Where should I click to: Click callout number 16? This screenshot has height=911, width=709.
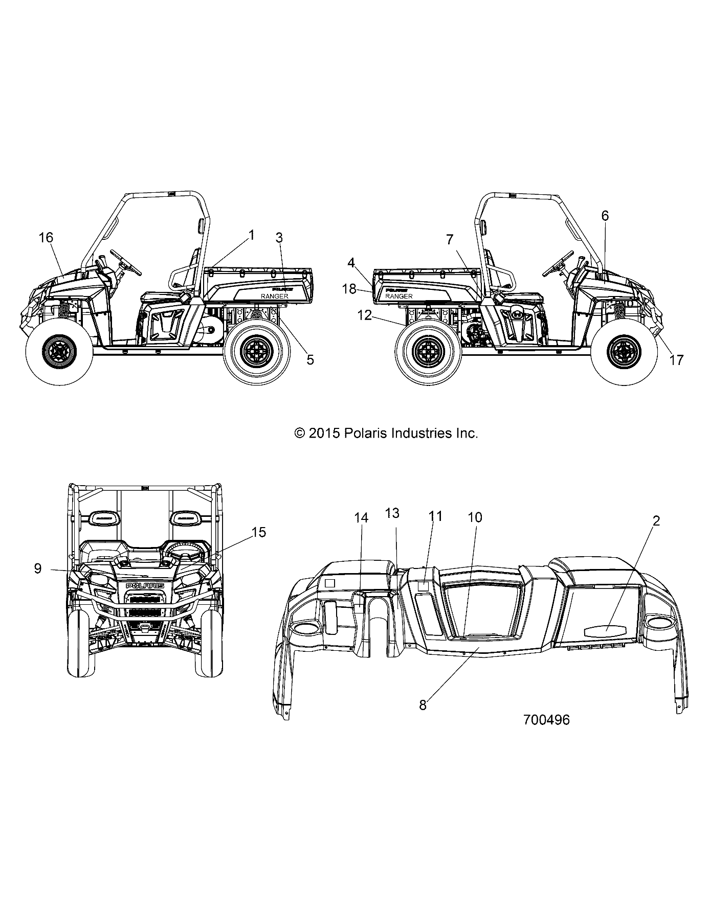point(46,237)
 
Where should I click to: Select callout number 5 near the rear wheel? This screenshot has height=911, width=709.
point(310,359)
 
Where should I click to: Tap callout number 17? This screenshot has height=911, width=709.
point(676,360)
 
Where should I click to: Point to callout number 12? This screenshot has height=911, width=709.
point(364,315)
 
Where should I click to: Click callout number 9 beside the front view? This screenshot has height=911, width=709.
point(37,568)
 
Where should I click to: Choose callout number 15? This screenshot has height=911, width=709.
point(259,532)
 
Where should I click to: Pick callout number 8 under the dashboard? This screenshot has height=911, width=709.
point(423,704)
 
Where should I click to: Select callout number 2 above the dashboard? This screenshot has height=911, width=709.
point(656,521)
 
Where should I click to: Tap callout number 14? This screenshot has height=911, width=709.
point(361,518)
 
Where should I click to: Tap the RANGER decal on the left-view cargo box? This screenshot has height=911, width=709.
point(275,296)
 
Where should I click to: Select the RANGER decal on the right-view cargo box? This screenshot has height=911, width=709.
point(399,296)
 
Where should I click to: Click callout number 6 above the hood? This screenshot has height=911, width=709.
point(605,216)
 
